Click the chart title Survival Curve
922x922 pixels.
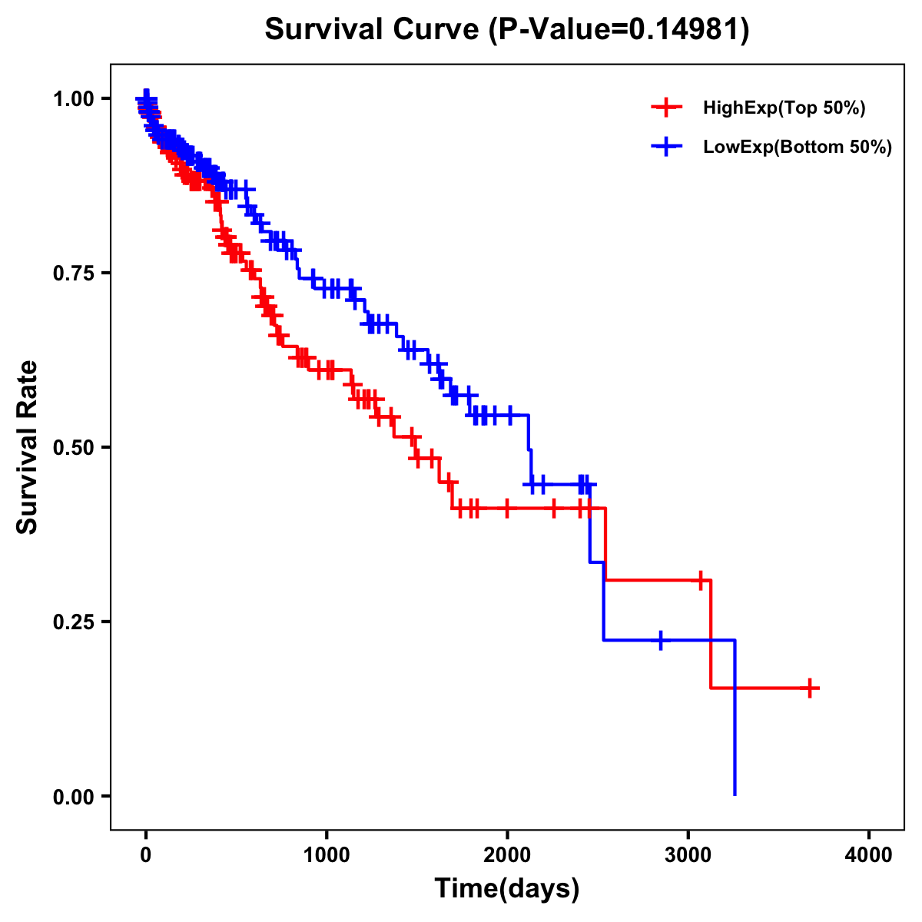pos(375,29)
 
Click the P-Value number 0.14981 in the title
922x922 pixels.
pos(685,29)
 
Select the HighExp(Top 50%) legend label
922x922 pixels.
pos(784,108)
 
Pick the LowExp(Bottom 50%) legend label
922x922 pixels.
pos(798,147)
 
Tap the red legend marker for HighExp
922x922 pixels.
pos(666,108)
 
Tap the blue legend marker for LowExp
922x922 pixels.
pos(666,146)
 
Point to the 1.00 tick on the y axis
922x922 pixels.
pos(73,98)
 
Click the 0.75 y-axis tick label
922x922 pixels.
pos(73,273)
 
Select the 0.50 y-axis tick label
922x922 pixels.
pos(73,447)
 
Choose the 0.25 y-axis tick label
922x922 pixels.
pos(73,622)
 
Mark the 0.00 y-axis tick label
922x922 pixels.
pos(73,796)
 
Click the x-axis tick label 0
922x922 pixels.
pos(146,855)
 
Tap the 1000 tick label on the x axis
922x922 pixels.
pos(327,855)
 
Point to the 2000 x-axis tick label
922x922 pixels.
pos(507,855)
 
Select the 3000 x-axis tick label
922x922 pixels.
pos(688,855)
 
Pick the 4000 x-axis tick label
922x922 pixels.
pos(869,855)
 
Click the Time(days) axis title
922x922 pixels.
pos(507,889)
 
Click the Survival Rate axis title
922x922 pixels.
pos(28,447)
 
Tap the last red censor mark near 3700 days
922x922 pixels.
pos(810,688)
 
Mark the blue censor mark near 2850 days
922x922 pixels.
pos(661,639)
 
